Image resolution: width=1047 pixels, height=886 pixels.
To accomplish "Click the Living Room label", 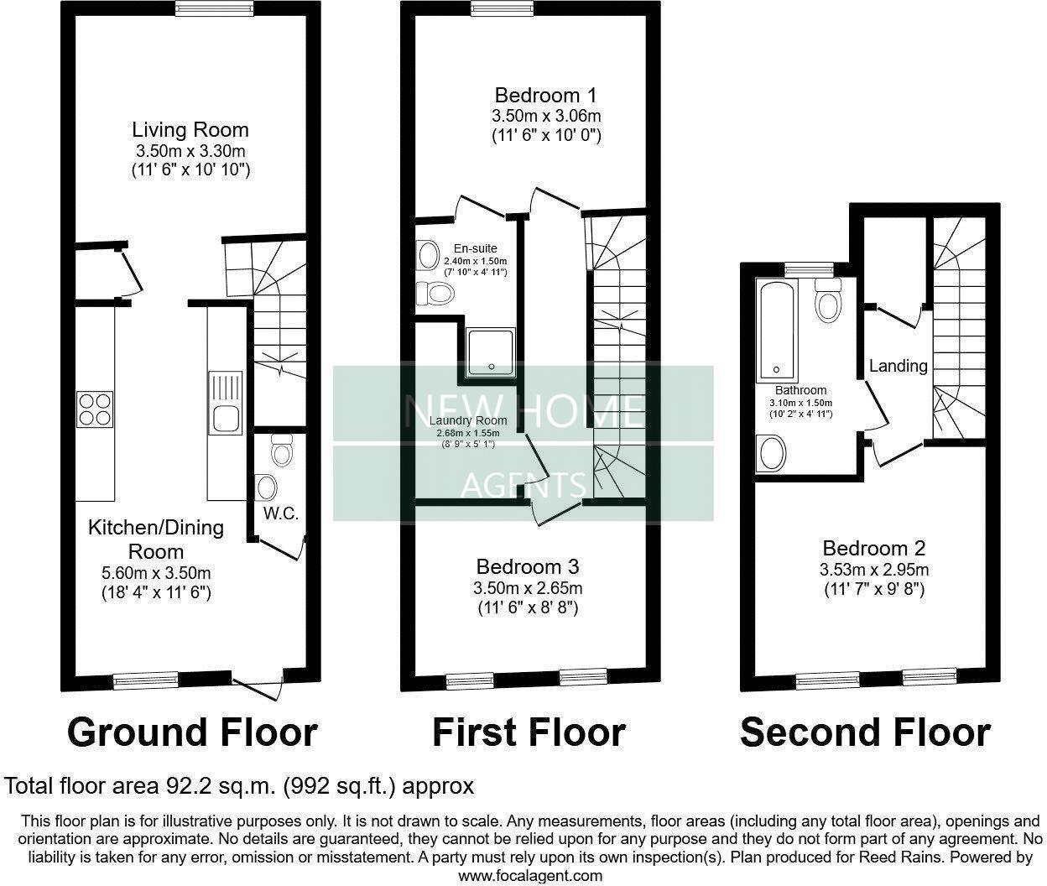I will (190, 130).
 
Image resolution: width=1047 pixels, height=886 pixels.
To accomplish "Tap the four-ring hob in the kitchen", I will (94, 409).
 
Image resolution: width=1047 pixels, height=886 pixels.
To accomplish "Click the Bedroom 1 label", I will (546, 94).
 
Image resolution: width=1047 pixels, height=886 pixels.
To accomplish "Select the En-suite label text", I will (475, 248).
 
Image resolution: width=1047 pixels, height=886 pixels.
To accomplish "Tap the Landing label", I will (898, 366).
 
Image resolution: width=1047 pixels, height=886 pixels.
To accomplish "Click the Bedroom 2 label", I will (873, 549).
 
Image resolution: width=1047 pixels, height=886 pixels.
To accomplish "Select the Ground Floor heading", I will (192, 732).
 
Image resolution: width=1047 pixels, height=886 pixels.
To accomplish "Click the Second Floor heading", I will (865, 732).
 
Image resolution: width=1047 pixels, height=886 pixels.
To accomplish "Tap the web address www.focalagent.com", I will (529, 875).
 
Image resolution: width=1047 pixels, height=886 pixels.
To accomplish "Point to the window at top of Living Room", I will (213, 8).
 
